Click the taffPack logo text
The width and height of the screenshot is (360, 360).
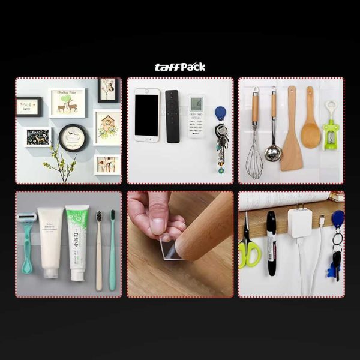[180, 67]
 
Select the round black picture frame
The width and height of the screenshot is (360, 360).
[73, 138]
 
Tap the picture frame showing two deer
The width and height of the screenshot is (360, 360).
[67, 103]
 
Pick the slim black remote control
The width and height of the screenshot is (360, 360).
[172, 116]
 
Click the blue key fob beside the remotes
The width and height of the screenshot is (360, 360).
[221, 114]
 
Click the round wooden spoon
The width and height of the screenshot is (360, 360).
[310, 132]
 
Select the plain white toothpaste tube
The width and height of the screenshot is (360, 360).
[50, 240]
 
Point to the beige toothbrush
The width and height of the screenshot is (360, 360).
[99, 249]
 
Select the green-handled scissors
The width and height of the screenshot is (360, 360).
[248, 246]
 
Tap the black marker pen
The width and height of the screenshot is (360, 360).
[271, 243]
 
